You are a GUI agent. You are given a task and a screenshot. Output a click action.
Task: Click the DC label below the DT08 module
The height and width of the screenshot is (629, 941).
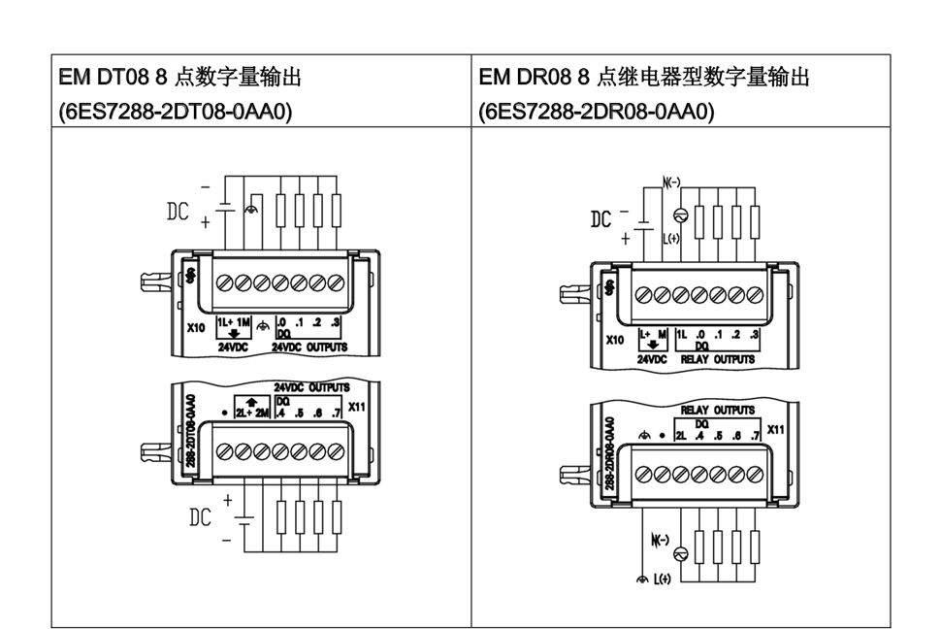[x=200, y=517]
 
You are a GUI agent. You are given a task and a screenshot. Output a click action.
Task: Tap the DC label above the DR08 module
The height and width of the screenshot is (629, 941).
[x=601, y=220]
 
